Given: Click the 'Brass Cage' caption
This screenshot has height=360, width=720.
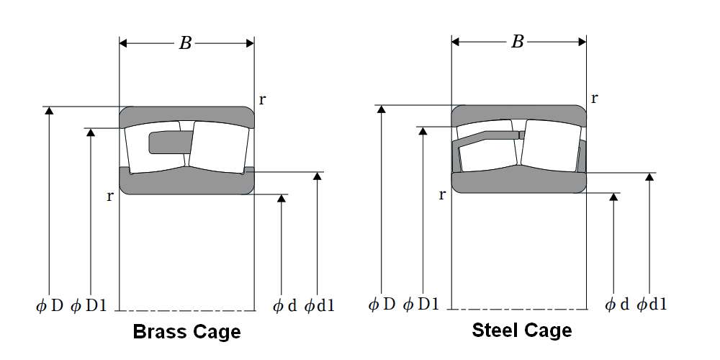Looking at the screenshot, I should coord(186,332).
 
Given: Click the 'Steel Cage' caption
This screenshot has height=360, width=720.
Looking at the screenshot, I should coord(522,330).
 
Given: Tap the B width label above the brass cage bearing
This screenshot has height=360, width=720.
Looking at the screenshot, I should coord(185,43).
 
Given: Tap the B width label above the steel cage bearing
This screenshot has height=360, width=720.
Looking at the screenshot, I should coord(517,42).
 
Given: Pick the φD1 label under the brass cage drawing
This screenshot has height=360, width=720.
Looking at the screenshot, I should coord(89,305).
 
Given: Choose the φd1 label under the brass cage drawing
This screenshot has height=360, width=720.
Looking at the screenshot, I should coord(320,305).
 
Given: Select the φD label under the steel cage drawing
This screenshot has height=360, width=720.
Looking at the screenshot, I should coord(382,304).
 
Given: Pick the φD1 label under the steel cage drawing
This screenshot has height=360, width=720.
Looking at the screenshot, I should coord(420,304).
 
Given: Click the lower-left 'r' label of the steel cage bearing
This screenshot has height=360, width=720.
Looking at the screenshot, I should coord(441,194).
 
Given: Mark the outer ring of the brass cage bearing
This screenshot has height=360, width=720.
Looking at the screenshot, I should coord(186,114).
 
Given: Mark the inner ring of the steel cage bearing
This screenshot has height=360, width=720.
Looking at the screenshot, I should coord(518,183).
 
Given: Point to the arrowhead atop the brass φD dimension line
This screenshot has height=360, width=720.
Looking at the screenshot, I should coord(49,111).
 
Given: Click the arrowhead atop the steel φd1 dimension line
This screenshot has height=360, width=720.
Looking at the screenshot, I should coord(650,177).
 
